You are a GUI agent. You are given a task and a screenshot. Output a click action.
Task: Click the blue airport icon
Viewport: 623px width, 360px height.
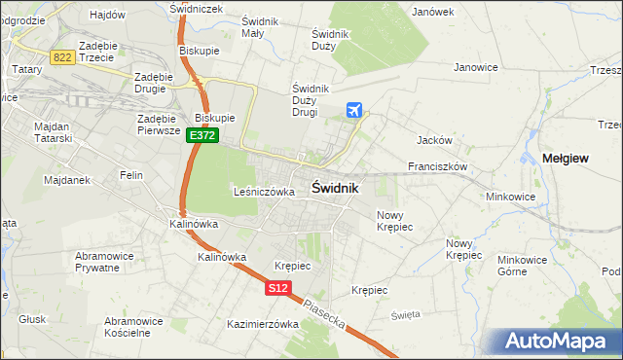coord(355,111)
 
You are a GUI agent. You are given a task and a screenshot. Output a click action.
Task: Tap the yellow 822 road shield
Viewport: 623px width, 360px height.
coord(63,57)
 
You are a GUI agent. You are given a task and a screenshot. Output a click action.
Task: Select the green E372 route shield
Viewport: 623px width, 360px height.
coord(202,136)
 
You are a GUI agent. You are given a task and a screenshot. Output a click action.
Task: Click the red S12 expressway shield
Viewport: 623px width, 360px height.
coord(278,288)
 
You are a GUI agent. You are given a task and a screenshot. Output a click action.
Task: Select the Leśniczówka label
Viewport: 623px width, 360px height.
coord(264,192)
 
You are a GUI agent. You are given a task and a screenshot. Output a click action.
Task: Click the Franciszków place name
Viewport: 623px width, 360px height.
coord(438,166)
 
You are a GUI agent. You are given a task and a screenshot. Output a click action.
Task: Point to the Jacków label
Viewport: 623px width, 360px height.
coord(432,140)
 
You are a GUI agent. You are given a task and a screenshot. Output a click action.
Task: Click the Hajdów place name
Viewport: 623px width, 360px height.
coord(107,15)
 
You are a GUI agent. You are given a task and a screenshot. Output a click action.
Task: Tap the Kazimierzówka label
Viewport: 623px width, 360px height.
coord(262,324)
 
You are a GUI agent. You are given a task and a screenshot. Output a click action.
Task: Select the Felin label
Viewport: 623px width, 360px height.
coord(131,175)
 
